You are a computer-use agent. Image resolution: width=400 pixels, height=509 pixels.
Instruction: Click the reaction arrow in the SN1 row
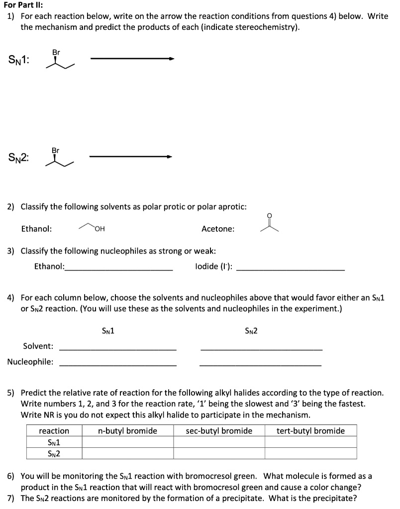[132, 59]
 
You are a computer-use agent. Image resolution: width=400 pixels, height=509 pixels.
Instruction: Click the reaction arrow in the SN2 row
[131, 157]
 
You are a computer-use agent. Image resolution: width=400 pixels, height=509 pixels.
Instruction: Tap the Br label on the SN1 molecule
[56, 52]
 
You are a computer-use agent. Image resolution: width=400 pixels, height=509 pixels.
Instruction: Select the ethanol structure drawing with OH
[92, 228]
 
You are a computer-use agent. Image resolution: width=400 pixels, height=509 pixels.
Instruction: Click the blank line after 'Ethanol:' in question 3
[119, 268]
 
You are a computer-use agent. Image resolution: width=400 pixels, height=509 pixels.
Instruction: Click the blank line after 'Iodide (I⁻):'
[291, 268]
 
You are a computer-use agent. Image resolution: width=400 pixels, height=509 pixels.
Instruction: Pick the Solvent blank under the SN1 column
[118, 349]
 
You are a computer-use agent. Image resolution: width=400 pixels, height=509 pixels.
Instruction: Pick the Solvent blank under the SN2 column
[261, 349]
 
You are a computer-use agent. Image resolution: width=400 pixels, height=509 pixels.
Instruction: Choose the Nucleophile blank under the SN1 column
[118, 365]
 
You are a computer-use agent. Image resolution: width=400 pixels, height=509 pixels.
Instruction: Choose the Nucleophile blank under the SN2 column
[260, 365]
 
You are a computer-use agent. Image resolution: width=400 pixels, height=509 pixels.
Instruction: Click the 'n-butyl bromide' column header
[127, 430]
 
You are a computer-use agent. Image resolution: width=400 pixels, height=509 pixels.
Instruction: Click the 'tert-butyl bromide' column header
[310, 430]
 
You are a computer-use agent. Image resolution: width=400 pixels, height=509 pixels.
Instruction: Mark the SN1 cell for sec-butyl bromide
[219, 442]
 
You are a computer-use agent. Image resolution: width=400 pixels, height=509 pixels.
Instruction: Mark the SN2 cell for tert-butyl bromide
[310, 453]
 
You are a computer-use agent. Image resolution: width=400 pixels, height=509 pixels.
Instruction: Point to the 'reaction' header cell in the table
[54, 430]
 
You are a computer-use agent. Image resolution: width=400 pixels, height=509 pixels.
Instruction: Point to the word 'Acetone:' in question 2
[218, 229]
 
